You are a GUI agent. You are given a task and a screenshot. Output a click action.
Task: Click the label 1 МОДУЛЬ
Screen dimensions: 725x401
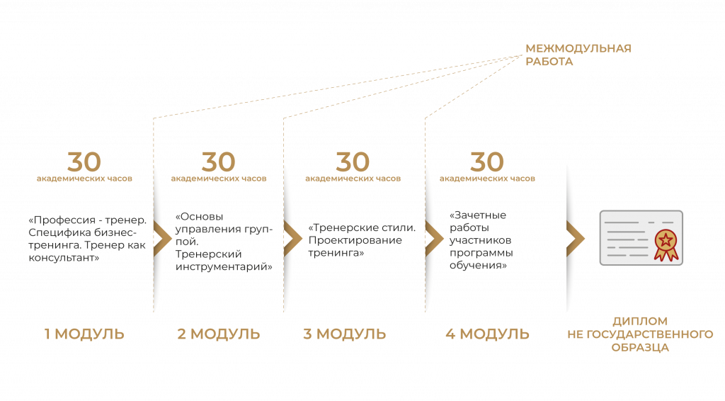[x=84, y=334]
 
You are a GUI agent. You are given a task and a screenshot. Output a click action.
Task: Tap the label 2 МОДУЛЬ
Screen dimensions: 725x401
[x=219, y=334]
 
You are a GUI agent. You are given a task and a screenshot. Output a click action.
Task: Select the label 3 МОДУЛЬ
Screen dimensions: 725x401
[x=345, y=334]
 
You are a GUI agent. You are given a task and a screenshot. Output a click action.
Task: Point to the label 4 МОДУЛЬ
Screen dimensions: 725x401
[x=487, y=334]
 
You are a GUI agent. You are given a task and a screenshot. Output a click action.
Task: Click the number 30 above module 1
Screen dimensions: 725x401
[x=84, y=162]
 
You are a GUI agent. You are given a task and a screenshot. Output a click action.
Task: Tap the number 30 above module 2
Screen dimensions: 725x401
[x=219, y=162]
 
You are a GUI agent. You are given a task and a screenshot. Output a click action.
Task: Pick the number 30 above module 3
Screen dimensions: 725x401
[x=353, y=162]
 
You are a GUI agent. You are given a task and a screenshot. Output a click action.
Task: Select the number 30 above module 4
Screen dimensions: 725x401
[x=487, y=162]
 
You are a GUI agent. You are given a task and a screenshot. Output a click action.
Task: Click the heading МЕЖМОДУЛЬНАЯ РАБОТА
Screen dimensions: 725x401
[x=578, y=55]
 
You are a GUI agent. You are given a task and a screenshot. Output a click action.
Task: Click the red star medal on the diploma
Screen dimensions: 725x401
[x=666, y=244]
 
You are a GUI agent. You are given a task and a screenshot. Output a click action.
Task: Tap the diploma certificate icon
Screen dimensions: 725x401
[x=641, y=238]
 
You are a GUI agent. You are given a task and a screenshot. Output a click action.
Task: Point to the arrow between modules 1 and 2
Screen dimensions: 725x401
[x=162, y=238]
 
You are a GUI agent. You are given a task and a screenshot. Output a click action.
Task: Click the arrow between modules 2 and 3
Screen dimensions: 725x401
[x=292, y=238]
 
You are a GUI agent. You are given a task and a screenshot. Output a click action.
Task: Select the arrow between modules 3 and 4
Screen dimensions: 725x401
[x=434, y=238]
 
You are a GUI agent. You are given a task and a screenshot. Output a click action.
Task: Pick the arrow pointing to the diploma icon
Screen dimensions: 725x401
[x=576, y=238]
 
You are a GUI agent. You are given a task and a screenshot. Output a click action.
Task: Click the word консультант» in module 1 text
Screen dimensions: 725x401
[x=64, y=258]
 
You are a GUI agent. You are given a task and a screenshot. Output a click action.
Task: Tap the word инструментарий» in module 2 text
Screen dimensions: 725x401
[x=224, y=267]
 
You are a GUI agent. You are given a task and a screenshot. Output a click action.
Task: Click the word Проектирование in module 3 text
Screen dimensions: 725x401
[x=355, y=240]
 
